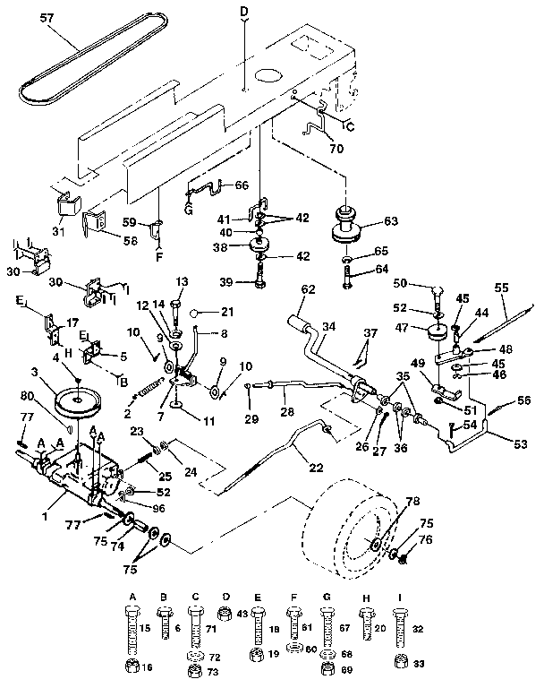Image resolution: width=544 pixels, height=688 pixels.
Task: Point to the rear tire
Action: coord(353,529)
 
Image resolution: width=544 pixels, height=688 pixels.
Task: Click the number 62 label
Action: coord(308,289)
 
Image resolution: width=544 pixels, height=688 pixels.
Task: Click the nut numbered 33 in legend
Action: coord(403,662)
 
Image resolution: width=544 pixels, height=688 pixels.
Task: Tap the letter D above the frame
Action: coord(244,11)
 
